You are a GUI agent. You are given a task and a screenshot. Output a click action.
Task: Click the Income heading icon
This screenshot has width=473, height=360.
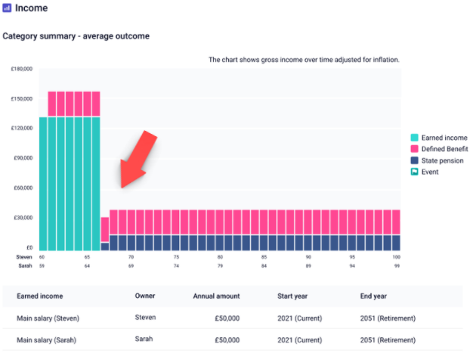(8, 9)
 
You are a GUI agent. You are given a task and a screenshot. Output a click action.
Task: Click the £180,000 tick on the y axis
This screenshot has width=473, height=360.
(21, 69)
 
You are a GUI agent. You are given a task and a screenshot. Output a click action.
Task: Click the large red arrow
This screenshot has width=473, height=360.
(138, 160)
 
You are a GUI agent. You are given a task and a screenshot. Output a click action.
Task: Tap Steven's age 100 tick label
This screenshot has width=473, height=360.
(396, 257)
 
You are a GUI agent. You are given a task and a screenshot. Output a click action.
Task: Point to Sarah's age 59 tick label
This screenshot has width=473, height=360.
(43, 266)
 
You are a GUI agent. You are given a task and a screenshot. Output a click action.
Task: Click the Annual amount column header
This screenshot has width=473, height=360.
(215, 296)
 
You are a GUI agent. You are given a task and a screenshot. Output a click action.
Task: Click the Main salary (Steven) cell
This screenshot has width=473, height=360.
(48, 318)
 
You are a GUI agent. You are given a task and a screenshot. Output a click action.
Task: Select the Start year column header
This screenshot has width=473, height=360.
(297, 296)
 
